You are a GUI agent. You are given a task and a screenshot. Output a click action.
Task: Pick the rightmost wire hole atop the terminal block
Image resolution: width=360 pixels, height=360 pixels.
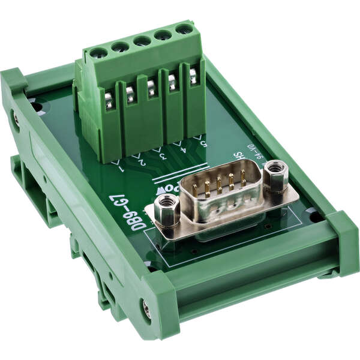click(184, 28)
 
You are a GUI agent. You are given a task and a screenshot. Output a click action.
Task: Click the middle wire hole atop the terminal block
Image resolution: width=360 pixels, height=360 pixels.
click(142, 41)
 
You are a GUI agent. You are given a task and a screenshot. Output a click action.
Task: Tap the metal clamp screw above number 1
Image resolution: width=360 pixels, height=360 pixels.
click(109, 98)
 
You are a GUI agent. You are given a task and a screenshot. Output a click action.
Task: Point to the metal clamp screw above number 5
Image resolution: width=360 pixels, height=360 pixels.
click(193, 76)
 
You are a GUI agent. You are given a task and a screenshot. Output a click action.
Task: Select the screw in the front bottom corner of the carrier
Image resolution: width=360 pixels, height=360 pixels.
click(146, 310)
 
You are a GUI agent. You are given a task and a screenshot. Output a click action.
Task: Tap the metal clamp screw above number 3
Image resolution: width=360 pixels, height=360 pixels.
click(151, 87)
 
